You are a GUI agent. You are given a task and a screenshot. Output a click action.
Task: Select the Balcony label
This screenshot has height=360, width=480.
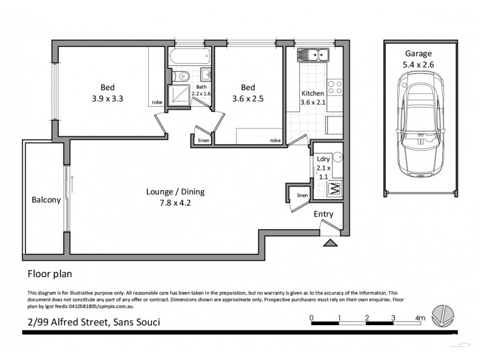46,200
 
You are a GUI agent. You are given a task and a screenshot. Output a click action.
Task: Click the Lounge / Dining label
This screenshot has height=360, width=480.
175,192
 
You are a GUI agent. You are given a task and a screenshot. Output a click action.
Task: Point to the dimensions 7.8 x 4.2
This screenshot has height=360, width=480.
175,203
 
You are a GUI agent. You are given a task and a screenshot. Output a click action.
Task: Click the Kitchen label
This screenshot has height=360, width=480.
312,94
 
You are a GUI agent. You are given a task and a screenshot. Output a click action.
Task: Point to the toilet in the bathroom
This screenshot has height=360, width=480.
183,76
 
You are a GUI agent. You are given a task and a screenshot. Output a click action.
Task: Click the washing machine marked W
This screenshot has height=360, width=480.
334,190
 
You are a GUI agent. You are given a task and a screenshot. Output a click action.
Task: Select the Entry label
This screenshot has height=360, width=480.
324,214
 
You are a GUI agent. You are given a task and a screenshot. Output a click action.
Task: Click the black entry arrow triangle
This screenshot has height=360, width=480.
329,243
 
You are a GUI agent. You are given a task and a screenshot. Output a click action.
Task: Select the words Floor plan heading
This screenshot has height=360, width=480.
50,275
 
